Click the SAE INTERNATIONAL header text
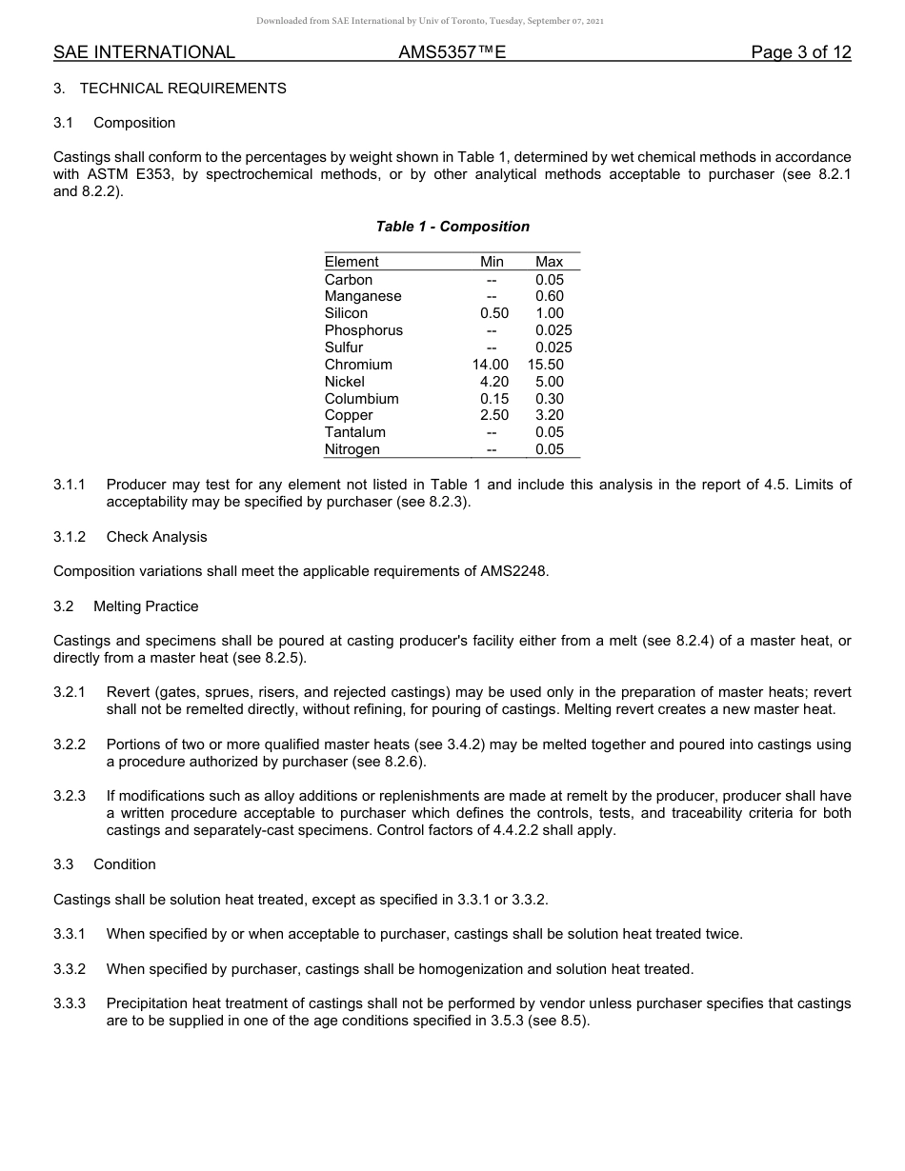(144, 52)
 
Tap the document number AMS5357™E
(452, 52)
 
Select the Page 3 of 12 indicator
(800, 52)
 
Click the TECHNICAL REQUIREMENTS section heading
(183, 89)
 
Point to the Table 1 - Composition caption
(452, 227)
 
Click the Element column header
(352, 262)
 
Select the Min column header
(493, 262)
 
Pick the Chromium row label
(358, 365)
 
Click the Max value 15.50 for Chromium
(546, 365)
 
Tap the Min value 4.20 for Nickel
(494, 382)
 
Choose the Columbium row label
(361, 399)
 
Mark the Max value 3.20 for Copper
(550, 415)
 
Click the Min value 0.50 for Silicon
(494, 313)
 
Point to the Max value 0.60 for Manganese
(550, 296)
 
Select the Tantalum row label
(355, 432)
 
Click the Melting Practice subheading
(146, 606)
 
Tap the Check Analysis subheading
(156, 537)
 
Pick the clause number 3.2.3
(70, 796)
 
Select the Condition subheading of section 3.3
(125, 864)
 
